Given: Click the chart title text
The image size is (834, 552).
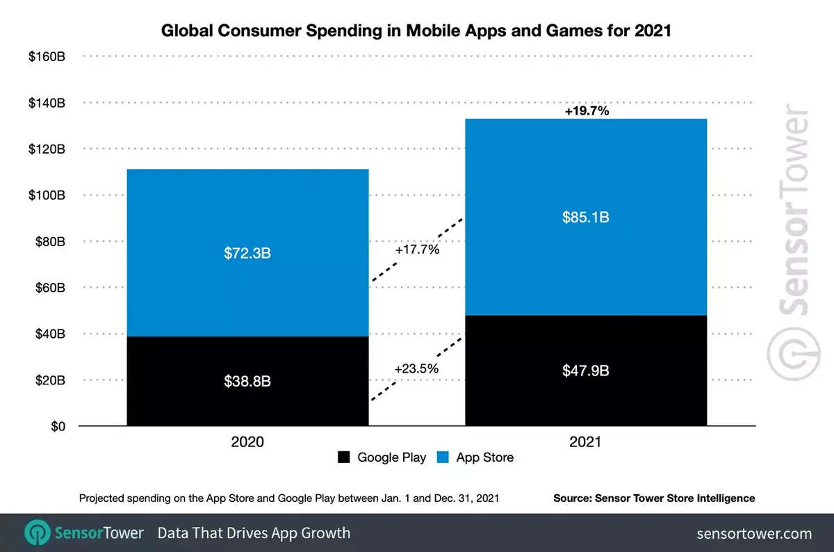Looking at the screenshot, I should click(x=416, y=31).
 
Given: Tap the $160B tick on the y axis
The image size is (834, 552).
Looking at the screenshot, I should click(x=47, y=56).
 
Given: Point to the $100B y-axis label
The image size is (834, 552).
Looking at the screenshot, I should click(x=47, y=195).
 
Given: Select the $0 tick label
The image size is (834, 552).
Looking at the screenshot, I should click(x=58, y=426).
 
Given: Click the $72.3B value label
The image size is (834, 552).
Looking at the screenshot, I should click(x=247, y=253).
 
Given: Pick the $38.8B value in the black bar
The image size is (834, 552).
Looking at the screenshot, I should click(x=247, y=381).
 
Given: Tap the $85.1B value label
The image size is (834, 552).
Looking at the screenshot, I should click(x=586, y=218).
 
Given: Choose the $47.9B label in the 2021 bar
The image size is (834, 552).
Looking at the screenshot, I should click(x=586, y=371).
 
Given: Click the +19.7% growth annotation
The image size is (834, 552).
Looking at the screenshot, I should click(x=587, y=110).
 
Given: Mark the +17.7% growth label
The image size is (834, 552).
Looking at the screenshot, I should click(x=417, y=249).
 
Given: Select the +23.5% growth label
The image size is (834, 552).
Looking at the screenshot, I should click(x=416, y=368).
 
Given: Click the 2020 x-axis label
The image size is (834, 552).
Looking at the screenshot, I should click(x=248, y=442).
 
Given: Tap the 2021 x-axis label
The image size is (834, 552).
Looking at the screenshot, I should click(x=586, y=442).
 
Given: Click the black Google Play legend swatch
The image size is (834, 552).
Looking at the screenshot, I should click(x=344, y=457).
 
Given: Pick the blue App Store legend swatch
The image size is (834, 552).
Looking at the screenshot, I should click(x=443, y=457).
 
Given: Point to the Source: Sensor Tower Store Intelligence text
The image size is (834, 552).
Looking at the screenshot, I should click(x=653, y=498).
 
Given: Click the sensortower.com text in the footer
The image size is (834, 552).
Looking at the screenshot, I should click(x=754, y=533).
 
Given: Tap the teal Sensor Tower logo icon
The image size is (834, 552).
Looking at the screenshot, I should click(x=36, y=533).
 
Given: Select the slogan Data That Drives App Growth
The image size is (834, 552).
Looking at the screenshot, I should click(x=254, y=533).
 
